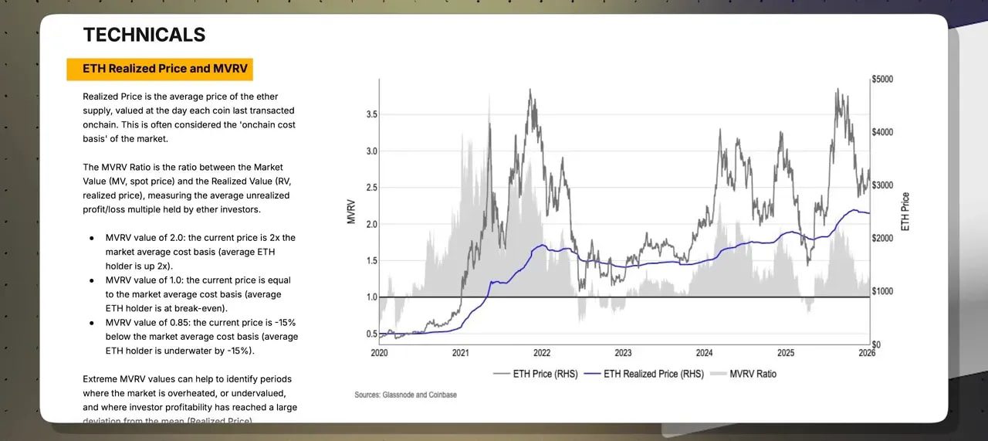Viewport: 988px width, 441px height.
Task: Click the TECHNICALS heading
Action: [x=144, y=35]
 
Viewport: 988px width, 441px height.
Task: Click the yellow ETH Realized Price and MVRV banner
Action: [x=160, y=69]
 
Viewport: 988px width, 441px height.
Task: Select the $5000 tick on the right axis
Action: [x=882, y=80]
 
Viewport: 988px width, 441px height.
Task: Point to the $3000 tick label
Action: [x=882, y=185]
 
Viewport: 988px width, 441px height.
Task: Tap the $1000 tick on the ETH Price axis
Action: [x=882, y=291]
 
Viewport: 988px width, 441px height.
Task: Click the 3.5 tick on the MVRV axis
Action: [x=371, y=114]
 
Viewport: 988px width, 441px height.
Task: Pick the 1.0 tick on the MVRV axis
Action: [x=371, y=297]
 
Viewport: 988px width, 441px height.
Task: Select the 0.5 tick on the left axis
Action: [x=371, y=334]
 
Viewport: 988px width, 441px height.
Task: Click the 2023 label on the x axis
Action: [x=623, y=353]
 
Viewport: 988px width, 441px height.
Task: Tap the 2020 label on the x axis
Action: [x=379, y=353]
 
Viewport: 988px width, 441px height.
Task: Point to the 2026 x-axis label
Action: [x=867, y=353]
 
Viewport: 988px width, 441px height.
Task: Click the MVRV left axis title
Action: [x=351, y=212]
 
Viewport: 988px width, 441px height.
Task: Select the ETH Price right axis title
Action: [x=905, y=212]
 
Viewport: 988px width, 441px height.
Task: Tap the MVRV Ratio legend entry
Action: [x=753, y=374]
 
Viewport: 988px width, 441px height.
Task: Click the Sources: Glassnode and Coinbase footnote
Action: [x=405, y=395]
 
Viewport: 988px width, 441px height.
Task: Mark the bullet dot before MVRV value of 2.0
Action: [x=93, y=238]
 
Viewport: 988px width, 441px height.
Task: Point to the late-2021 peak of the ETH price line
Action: [x=530, y=90]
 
